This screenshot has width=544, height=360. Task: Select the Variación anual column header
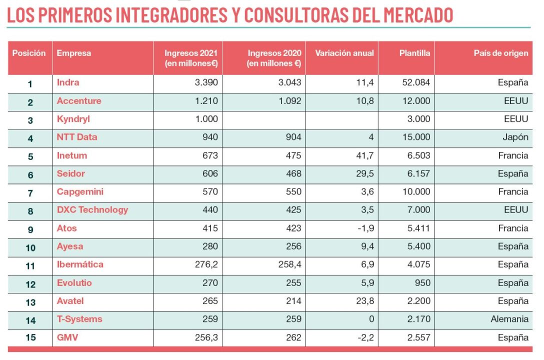coord(344,53)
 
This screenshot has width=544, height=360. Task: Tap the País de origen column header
coord(500,53)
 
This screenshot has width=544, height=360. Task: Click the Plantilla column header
coord(414,53)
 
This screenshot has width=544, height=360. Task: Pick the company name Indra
coord(68,82)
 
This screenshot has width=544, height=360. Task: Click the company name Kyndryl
coord(73,119)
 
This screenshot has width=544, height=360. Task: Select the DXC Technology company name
coord(92,210)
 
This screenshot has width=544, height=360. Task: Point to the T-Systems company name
coord(79,319)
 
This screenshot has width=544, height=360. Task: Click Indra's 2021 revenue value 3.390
coord(206,82)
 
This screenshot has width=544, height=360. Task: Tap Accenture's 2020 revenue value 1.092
coord(289,101)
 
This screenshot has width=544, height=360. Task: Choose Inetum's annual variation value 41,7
coord(363,155)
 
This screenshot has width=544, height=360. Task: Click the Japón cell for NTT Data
coord(515,137)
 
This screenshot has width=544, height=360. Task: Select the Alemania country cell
coord(509,319)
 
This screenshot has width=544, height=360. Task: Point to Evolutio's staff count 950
coord(422,283)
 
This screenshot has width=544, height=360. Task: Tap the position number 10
coord(30,247)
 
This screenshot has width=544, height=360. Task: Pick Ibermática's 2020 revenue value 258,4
coord(290,264)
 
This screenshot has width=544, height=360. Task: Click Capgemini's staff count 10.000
coord(415,192)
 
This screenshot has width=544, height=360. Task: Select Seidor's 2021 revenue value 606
coord(210,173)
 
